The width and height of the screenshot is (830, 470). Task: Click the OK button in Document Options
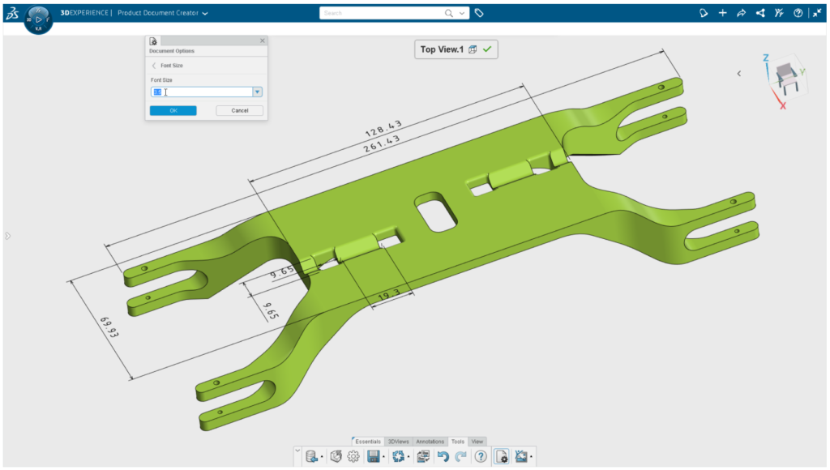(173, 110)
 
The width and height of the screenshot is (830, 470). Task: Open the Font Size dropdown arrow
(258, 92)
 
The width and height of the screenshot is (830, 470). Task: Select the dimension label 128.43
(384, 128)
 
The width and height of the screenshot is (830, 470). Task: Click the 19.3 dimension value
(389, 297)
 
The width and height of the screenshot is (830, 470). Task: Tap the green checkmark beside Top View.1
(487, 49)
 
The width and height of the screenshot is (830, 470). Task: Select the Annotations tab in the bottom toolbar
(430, 442)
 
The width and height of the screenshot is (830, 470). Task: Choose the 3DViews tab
(398, 442)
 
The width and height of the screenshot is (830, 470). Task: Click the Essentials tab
(367, 442)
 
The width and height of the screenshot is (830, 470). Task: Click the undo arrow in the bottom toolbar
(443, 457)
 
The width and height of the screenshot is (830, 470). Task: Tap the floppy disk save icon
(374, 457)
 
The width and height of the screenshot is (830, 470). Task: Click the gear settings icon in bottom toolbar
(353, 457)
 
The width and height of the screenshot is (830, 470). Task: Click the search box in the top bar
(381, 13)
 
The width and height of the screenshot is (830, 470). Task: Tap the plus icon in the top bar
(723, 13)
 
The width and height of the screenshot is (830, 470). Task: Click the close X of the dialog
(262, 41)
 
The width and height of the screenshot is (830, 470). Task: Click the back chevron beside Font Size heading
(154, 65)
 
